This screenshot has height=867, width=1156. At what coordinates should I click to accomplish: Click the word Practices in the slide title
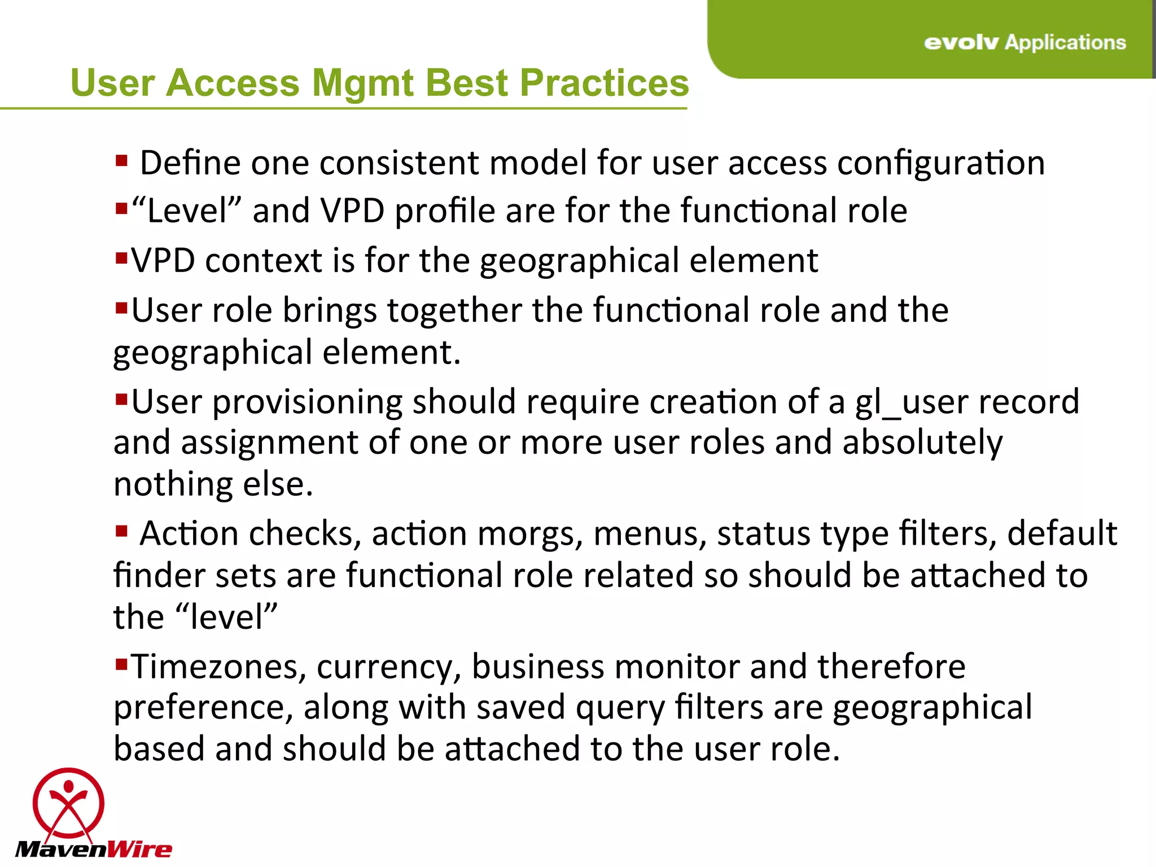pos(604,83)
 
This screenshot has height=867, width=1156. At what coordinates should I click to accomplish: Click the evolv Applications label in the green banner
pos(1024,42)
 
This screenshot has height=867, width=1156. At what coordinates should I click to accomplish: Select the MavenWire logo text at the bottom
pos(94,849)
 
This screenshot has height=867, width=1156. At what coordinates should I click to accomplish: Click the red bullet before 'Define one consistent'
pos(121,161)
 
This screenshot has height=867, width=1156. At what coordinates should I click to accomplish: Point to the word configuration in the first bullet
pos(940,164)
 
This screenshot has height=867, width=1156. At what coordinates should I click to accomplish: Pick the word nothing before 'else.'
pos(173,484)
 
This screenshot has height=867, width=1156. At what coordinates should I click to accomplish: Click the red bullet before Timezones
pos(121,664)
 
